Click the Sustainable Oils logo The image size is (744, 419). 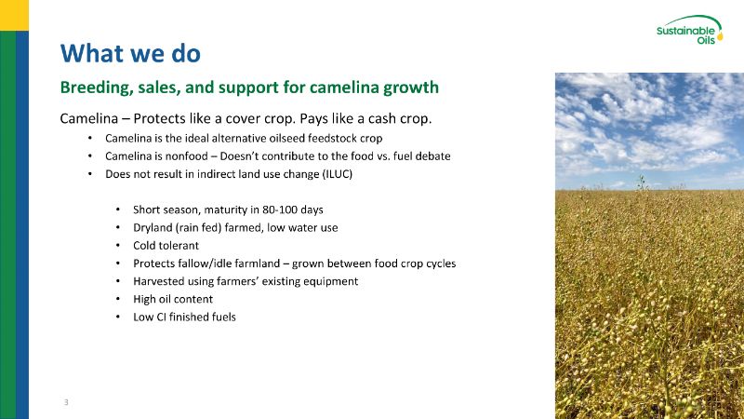coord(689,30)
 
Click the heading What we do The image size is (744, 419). coord(130,53)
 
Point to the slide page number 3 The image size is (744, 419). coord(66,402)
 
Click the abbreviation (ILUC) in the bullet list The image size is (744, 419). coord(338,174)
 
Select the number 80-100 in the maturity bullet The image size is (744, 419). coord(280,209)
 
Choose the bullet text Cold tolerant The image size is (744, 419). coord(166,246)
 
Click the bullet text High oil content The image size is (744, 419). coord(173,299)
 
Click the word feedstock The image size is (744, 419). coord(332,138)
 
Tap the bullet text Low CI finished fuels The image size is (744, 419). coord(184,317)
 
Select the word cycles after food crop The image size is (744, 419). coord(441,264)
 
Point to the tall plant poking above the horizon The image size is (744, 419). coord(642,182)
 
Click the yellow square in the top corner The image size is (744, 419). coord(14,15)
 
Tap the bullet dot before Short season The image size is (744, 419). coord(118,209)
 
